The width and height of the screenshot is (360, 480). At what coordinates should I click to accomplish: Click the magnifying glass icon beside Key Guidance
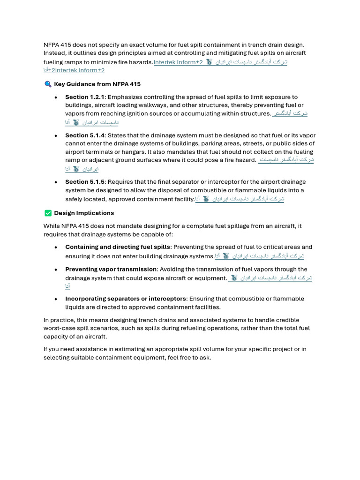tap(47, 84)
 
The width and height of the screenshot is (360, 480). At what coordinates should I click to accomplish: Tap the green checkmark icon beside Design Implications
tap(47, 213)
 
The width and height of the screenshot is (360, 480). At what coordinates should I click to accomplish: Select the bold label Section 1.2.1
tap(85, 97)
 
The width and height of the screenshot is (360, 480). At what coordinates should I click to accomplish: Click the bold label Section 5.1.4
tap(85, 135)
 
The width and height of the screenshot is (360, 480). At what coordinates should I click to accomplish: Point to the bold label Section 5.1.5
tap(85, 182)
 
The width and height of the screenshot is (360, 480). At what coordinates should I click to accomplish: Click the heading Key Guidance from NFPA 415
tap(97, 84)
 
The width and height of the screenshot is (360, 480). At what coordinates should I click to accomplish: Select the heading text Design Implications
tap(84, 213)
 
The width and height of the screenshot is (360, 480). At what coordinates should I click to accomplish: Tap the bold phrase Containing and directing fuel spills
tap(117, 247)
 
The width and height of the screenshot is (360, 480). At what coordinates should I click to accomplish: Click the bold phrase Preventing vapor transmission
tap(111, 269)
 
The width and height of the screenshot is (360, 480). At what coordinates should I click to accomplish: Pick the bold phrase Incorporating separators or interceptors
tap(125, 299)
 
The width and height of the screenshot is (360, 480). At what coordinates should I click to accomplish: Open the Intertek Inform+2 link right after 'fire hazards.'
tap(178, 62)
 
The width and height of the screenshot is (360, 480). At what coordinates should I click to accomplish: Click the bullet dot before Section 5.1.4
tap(56, 135)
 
